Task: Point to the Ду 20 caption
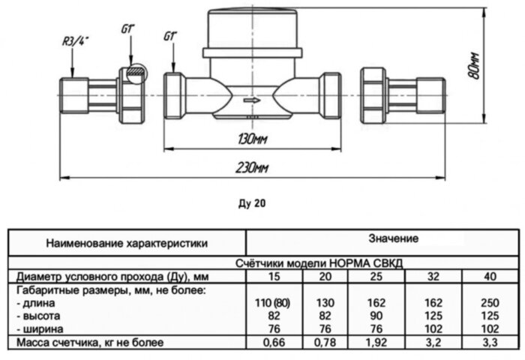[252, 202]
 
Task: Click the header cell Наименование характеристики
[126, 243]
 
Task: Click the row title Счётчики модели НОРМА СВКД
[383, 265]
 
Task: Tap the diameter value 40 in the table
[490, 277]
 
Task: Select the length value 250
[490, 303]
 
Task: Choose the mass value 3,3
[490, 343]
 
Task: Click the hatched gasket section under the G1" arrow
[133, 73]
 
